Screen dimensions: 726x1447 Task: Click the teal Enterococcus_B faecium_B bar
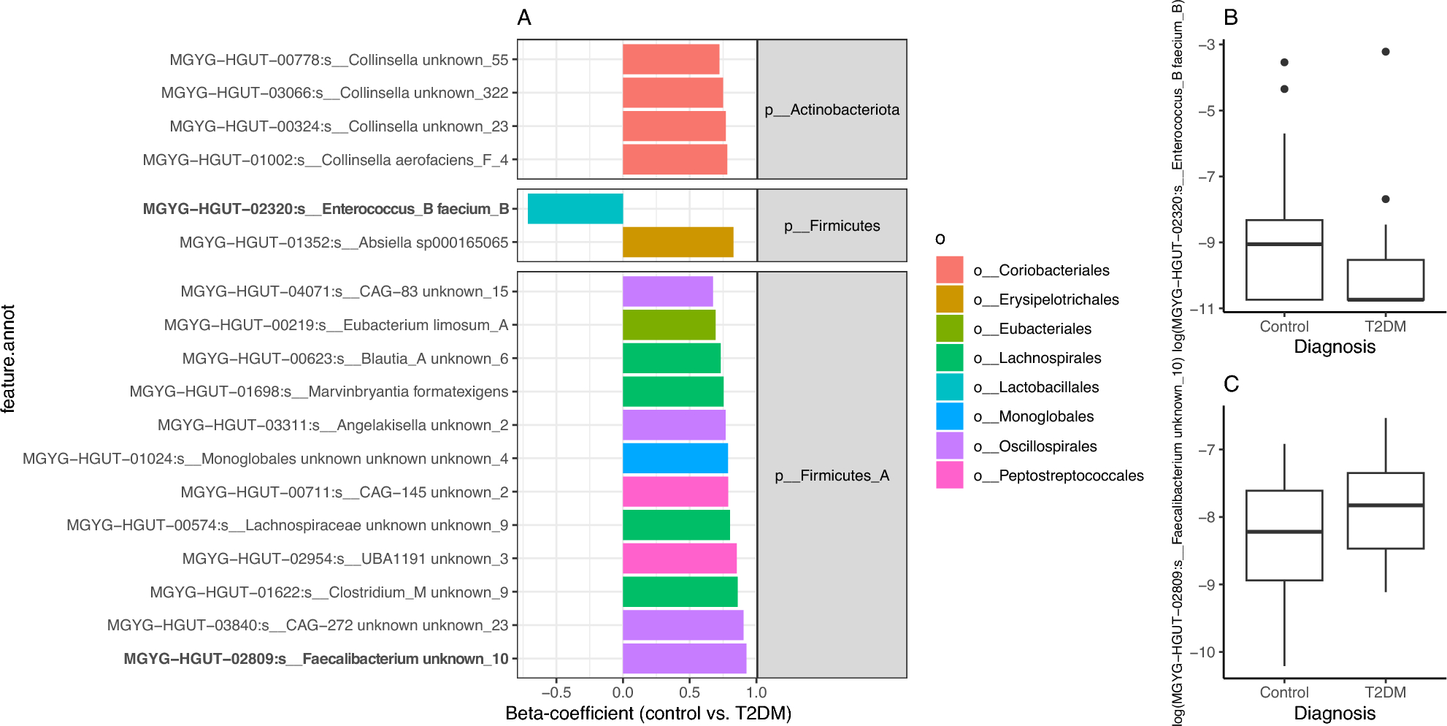point(575,209)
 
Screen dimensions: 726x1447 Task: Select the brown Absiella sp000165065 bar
point(678,242)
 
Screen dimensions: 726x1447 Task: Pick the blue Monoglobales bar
point(675,459)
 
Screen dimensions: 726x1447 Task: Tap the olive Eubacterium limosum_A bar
point(669,325)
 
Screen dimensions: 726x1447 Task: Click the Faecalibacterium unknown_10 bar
point(684,659)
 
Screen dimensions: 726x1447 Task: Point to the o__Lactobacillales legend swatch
point(949,387)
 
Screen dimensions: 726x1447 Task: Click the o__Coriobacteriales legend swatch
point(949,270)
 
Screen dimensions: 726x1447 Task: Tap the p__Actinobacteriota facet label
point(832,110)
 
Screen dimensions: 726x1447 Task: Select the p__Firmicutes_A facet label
point(832,475)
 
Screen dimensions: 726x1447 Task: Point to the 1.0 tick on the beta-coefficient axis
point(756,692)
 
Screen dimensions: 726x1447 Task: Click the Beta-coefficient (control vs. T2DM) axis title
point(648,714)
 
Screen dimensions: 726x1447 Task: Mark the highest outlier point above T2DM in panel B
point(1386,52)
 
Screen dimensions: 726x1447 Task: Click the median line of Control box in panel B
point(1284,244)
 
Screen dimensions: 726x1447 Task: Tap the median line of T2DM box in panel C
point(1386,505)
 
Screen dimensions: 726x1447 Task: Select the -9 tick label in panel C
point(1205,585)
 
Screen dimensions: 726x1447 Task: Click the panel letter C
point(1231,384)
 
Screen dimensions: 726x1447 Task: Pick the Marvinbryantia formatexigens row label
point(318,391)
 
